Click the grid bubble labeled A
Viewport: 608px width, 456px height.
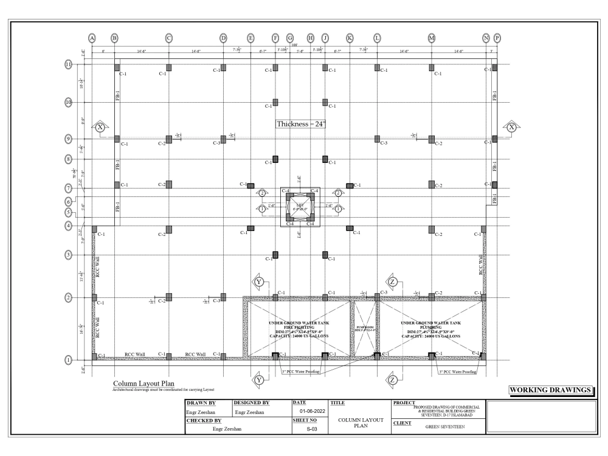coord(92,38)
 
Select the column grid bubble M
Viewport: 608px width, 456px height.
coord(432,38)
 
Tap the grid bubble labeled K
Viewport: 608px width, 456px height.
coord(350,38)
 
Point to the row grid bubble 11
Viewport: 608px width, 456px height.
coord(69,64)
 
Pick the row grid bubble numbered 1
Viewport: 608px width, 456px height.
coord(69,359)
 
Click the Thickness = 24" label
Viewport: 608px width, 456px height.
coord(302,123)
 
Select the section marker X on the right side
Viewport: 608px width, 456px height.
coord(511,127)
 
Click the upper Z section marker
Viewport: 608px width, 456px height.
coord(393,282)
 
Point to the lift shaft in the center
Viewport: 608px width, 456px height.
coord(300,207)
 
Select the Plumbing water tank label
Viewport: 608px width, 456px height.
coord(430,329)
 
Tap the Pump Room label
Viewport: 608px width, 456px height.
coord(363,328)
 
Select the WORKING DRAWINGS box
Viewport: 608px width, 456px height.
coord(551,389)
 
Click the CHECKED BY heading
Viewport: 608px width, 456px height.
coord(204,420)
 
